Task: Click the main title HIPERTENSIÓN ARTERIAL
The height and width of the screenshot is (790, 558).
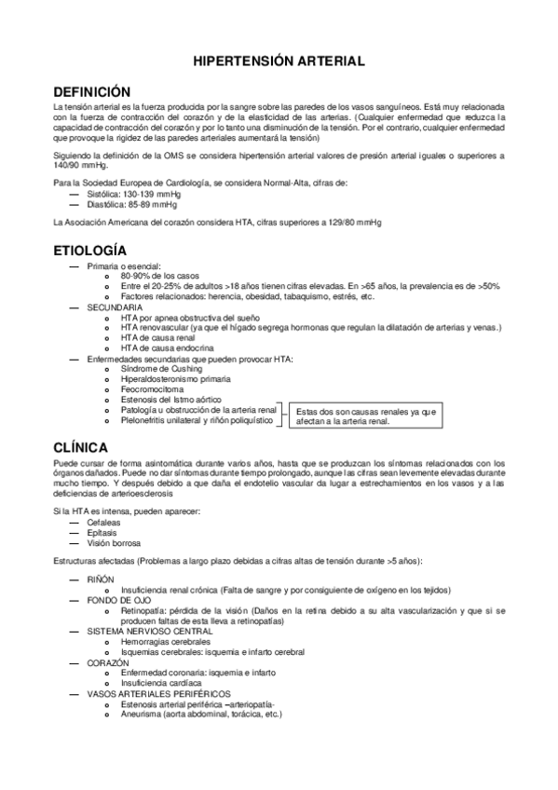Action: click(279, 61)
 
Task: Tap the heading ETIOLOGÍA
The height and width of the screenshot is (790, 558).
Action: click(89, 252)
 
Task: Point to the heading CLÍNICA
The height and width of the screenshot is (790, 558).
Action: click(82, 446)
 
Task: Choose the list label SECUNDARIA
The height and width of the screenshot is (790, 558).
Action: click(115, 306)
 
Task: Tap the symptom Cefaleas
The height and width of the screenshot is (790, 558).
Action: click(105, 524)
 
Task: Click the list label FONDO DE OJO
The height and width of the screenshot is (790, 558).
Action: click(121, 601)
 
